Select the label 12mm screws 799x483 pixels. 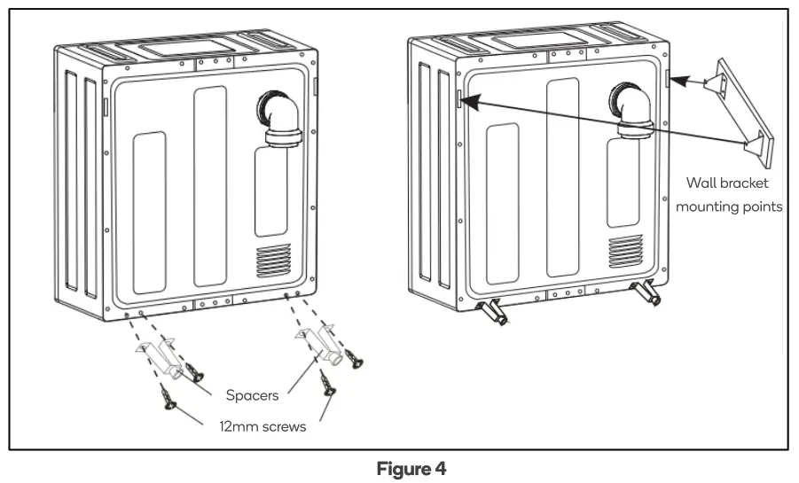click(x=262, y=426)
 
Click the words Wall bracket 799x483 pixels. click(x=727, y=183)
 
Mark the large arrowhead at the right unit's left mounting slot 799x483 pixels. click(x=467, y=100)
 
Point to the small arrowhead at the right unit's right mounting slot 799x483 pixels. click(x=675, y=81)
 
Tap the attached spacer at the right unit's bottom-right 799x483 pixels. click(x=648, y=294)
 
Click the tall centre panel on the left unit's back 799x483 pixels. click(x=210, y=186)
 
